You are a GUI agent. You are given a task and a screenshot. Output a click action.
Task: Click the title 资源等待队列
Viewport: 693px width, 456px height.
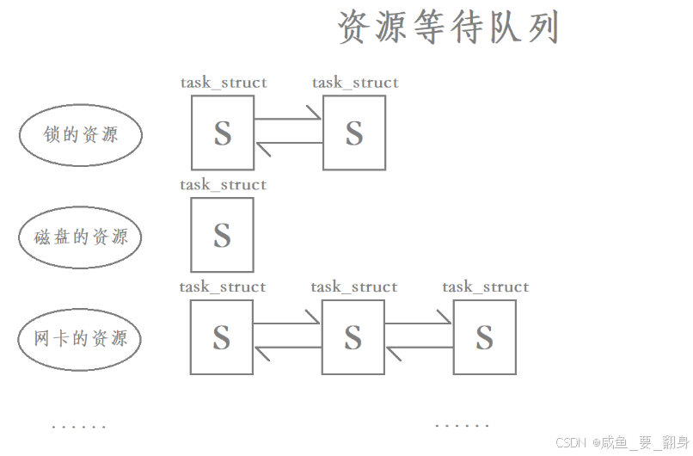tap(448, 28)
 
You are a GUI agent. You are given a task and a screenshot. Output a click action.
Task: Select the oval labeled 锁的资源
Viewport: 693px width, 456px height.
tap(81, 134)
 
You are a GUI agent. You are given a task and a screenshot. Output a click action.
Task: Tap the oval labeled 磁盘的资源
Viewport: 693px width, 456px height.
tap(81, 237)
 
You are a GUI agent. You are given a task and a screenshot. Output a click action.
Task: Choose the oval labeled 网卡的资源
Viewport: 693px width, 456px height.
tap(81, 339)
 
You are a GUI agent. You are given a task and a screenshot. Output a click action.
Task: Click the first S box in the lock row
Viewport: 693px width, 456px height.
tap(222, 132)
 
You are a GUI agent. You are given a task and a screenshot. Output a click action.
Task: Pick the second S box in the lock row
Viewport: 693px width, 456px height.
tap(353, 132)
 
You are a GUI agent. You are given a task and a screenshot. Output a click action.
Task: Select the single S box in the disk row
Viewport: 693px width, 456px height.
tap(222, 234)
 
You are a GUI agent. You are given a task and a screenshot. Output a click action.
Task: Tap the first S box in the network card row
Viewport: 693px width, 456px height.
tap(222, 337)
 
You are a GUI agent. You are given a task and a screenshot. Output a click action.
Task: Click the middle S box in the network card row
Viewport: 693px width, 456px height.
tap(353, 337)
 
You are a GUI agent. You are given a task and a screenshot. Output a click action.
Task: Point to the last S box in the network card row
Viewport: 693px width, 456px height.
tap(485, 337)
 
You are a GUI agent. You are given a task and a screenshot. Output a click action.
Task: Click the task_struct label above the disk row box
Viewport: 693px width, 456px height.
tap(223, 185)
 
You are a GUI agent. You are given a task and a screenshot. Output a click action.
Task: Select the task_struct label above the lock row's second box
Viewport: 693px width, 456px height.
tap(355, 83)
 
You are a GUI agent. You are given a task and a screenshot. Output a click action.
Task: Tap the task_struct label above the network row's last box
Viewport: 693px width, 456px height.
tap(486, 287)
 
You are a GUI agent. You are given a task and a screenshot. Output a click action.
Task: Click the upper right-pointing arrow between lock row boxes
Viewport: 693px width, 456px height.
tap(288, 119)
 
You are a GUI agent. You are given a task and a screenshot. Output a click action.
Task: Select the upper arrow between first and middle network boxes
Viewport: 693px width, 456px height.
tap(288, 324)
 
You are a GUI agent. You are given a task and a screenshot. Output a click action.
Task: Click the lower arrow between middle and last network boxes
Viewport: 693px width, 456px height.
tap(420, 348)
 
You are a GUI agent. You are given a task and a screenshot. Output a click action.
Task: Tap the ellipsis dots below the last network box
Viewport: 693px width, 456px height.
tap(463, 426)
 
